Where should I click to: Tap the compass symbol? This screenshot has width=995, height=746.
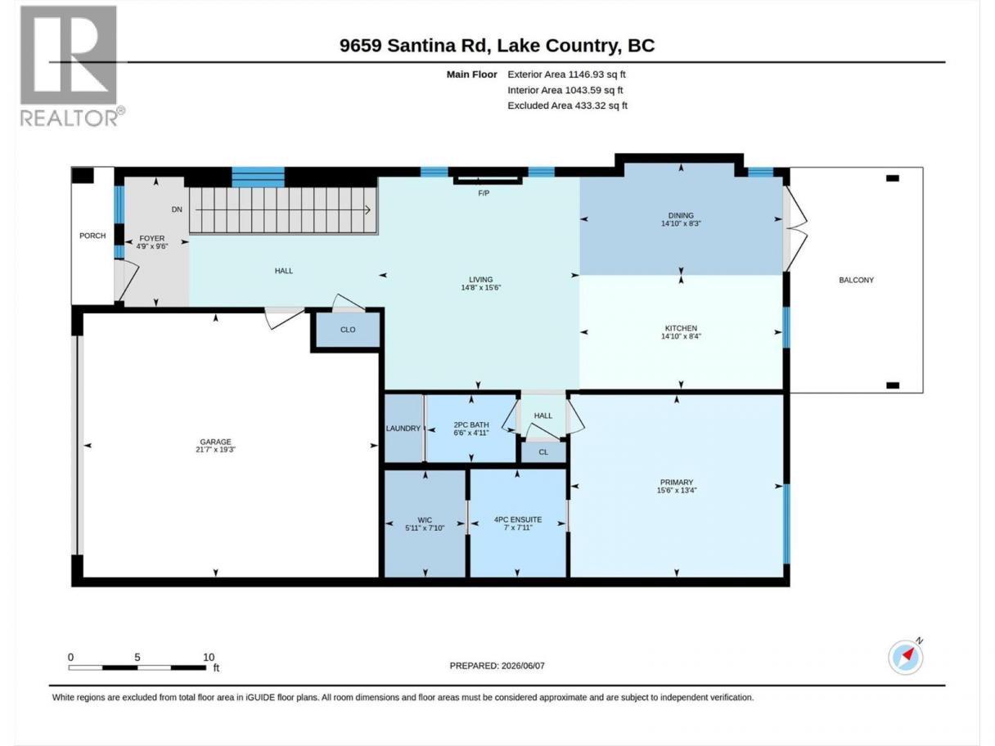(x=905, y=657)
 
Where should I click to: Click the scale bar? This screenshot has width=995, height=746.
(x=137, y=667)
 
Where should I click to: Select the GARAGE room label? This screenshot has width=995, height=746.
(x=215, y=442)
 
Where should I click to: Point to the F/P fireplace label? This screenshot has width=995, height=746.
(x=484, y=193)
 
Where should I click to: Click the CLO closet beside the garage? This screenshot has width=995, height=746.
(x=348, y=330)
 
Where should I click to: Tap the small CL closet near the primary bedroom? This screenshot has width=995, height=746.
(x=543, y=452)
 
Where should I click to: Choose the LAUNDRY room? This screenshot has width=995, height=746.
(x=403, y=429)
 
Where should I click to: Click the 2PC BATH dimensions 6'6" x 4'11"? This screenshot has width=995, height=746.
(x=471, y=433)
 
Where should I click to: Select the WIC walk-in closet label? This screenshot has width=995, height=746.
(x=425, y=520)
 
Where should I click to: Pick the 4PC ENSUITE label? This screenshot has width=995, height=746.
(x=518, y=519)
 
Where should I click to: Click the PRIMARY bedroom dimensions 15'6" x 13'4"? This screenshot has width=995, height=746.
(x=677, y=490)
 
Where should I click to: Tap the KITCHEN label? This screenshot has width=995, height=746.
(x=681, y=328)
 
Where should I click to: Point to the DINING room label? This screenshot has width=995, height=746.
(x=681, y=216)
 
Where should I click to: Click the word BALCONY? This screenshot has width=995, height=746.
(x=856, y=281)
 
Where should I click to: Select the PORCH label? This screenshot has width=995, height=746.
(x=92, y=236)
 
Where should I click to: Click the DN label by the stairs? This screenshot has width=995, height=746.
(x=177, y=209)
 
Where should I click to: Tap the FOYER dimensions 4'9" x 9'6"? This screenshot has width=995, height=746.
(x=152, y=246)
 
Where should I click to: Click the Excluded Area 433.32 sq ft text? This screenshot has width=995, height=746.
(x=568, y=106)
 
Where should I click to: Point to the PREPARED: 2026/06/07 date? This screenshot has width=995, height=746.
(x=498, y=666)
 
